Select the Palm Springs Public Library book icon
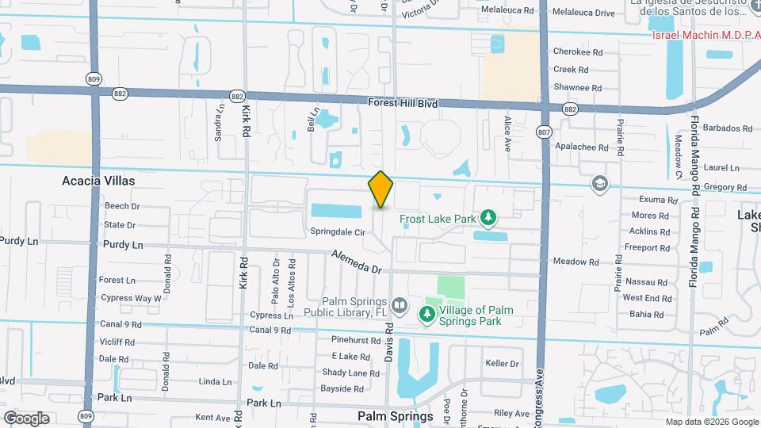coord(400,305)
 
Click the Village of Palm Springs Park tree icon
coord(426,315)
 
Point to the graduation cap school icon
coord(600,185)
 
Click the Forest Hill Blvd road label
coord(403,102)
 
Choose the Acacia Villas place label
coord(98,181)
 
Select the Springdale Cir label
coord(338,232)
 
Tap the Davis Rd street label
coord(389,342)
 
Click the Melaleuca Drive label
coord(583,13)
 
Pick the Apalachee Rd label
coord(581,147)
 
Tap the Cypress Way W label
coord(131,298)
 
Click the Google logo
coord(26,418)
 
